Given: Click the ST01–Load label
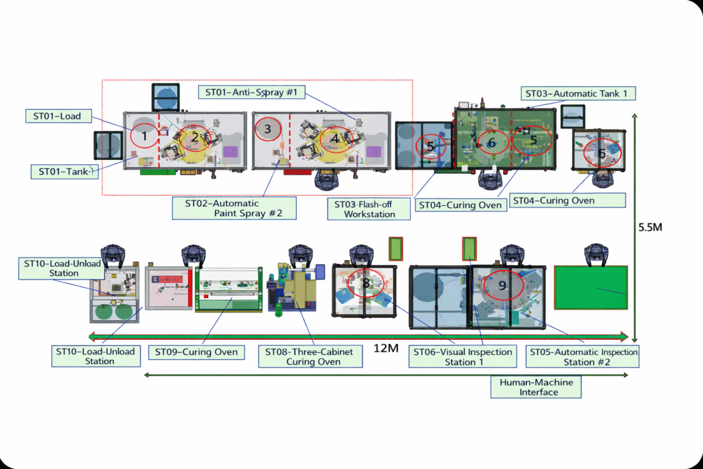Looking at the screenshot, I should (x=61, y=116).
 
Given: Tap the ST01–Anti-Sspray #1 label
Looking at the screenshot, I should (x=251, y=93).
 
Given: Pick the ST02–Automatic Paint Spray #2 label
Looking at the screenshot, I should (x=234, y=208).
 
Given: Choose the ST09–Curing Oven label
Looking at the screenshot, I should (x=196, y=352).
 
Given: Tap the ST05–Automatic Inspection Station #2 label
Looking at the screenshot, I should (x=583, y=356).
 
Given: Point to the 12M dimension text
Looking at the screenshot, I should (x=384, y=349).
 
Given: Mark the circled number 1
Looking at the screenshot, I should (x=144, y=136).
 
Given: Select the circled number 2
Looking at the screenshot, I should (x=195, y=137).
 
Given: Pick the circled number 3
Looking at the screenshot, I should (x=268, y=128).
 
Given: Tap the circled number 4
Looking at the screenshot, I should (x=335, y=137).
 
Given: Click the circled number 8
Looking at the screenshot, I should (x=366, y=282).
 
